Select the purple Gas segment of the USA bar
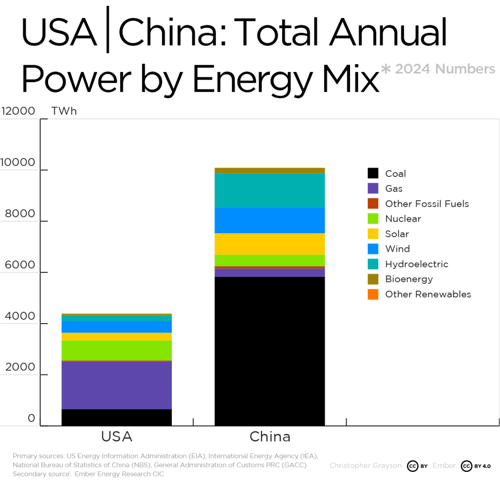click(117, 385)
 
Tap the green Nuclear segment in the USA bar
click(117, 350)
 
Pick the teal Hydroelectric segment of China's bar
click(269, 191)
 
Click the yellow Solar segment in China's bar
click(269, 244)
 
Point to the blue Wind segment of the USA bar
click(117, 327)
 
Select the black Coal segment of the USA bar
click(117, 417)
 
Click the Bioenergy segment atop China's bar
click(269, 171)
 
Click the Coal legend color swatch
click(373, 174)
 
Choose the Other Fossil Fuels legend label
click(427, 204)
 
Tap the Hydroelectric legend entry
click(417, 264)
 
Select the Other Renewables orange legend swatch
click(373, 294)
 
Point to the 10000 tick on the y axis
click(18, 162)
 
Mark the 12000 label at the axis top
click(18, 111)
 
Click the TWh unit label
click(64, 111)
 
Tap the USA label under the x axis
click(117, 436)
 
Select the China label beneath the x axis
click(270, 436)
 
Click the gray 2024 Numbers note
click(444, 69)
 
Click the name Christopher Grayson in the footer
click(365, 466)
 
